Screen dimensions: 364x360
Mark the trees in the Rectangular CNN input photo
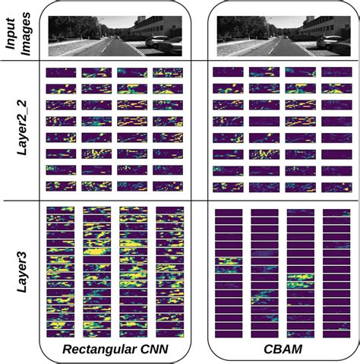point(72,29)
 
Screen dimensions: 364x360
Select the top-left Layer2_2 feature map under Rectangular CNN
point(61,73)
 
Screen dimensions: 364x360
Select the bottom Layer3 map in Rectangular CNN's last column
point(170,332)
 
